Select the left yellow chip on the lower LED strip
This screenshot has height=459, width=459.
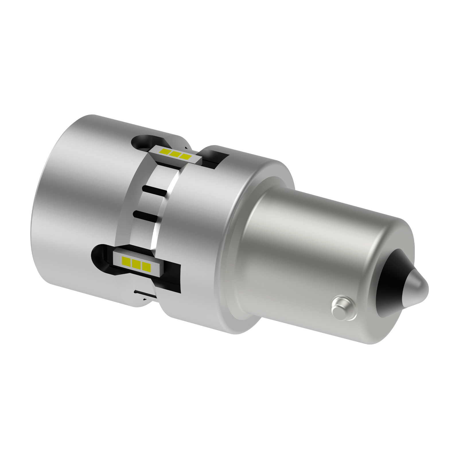coord(126,260)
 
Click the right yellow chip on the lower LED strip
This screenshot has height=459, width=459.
coord(146,267)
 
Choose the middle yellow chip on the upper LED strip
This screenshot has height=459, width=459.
coord(175,154)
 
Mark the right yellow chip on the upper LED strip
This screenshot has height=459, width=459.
coord(185,157)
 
